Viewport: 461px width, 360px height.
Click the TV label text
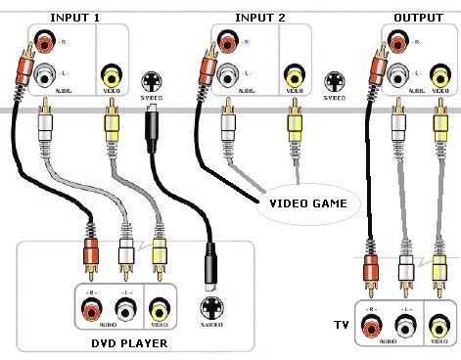pos(340,322)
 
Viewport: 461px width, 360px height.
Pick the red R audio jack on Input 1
pos(45,44)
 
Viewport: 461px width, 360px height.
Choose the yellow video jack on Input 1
pos(112,75)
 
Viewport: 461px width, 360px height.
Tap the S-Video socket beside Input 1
pos(152,82)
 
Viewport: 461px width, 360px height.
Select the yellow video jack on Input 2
pos(293,75)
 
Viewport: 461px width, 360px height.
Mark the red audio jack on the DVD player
pos(90,310)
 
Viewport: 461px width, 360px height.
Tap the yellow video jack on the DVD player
pos(160,310)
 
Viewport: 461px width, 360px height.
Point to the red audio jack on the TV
pos(370,325)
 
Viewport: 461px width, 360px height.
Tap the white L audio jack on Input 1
pos(45,75)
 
